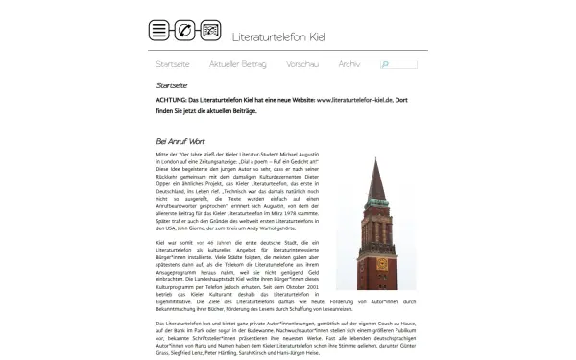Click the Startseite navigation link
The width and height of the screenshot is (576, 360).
tap(173, 64)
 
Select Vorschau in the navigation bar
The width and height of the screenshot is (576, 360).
tap(301, 64)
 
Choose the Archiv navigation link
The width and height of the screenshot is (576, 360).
tap(349, 64)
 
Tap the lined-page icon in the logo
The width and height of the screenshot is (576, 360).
tap(158, 30)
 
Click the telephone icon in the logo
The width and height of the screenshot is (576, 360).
tap(184, 30)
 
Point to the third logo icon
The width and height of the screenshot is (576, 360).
tap(210, 30)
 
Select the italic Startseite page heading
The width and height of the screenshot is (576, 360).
tap(173, 85)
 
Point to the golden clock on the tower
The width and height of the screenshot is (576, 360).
tap(373, 246)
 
